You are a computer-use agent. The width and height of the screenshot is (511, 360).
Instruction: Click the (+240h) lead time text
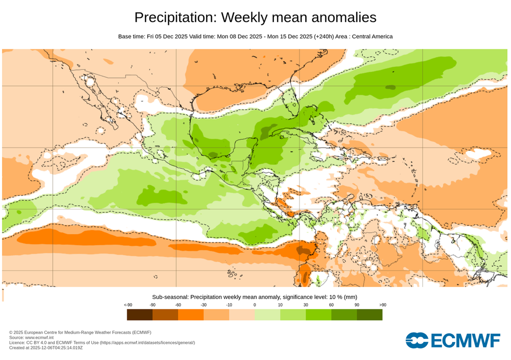coord(325,36)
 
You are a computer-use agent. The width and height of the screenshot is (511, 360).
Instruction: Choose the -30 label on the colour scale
coord(204,305)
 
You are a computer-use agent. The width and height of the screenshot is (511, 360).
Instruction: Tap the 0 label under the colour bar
coord(255,305)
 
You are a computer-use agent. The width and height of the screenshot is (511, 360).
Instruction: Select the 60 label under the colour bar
coord(331,305)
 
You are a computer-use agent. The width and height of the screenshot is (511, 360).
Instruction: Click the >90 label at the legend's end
coord(382,305)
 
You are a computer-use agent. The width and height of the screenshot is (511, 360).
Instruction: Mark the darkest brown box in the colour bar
coord(140,315)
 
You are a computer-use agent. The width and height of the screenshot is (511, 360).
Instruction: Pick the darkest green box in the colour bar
coord(370,315)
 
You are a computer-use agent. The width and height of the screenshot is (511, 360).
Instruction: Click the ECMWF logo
coord(453,340)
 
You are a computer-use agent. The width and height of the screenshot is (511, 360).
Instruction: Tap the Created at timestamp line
coord(46,348)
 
